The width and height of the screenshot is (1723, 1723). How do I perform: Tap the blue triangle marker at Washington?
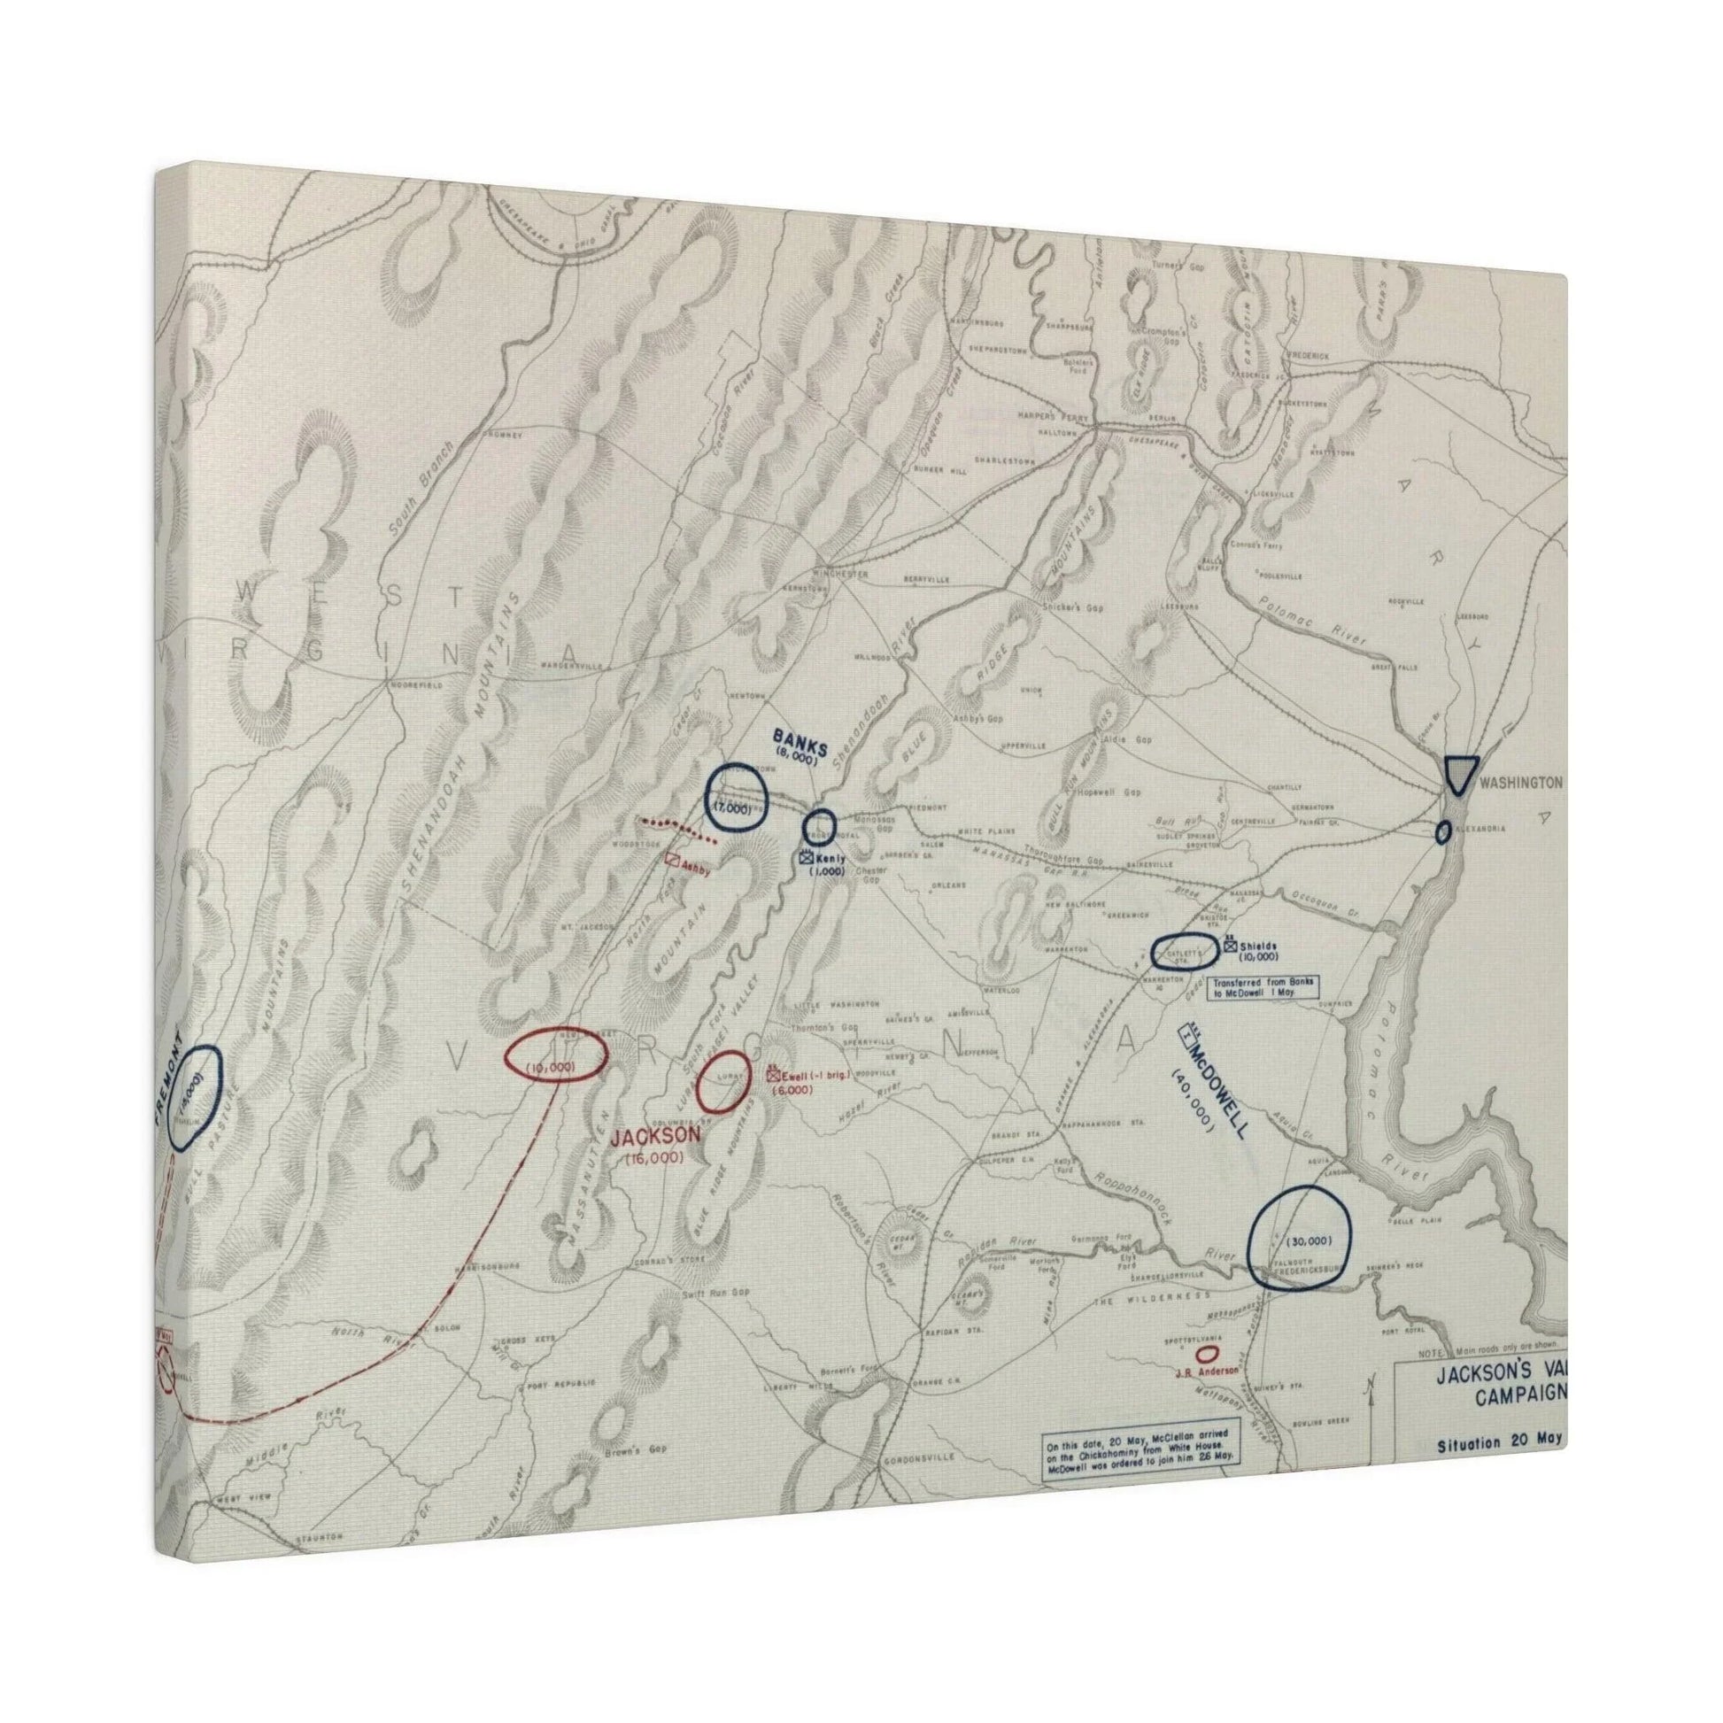click(x=1462, y=774)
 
